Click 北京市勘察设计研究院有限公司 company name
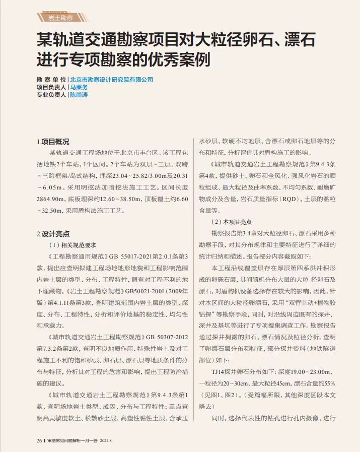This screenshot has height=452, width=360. pos(111,80)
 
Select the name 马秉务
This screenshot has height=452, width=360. pos(79,87)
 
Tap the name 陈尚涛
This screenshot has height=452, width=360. pos(79,95)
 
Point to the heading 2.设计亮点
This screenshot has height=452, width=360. pos(53,234)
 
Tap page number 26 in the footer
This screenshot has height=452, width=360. pos(39,440)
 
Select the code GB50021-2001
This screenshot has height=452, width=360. pos(147,291)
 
